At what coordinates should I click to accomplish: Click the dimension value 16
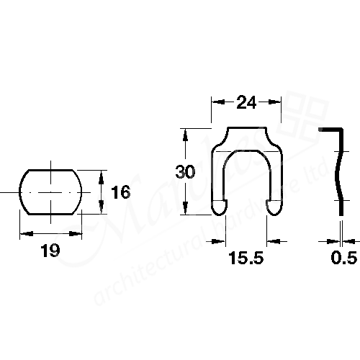coord(121,192)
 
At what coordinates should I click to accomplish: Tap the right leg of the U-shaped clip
coord(274,180)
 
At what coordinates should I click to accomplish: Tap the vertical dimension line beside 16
coord(101,192)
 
